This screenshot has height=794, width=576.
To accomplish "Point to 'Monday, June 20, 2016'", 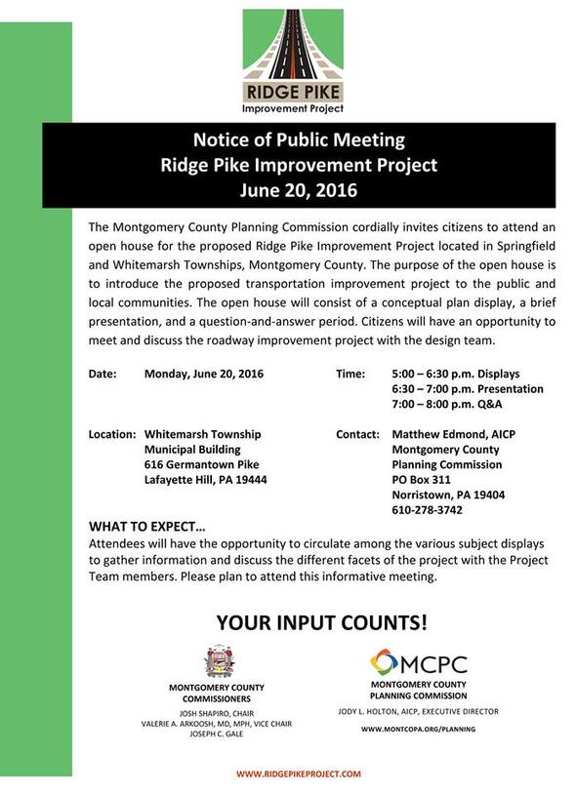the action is click(204, 374).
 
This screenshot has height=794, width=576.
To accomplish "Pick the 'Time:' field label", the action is click(350, 374).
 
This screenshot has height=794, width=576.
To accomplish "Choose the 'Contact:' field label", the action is click(357, 433).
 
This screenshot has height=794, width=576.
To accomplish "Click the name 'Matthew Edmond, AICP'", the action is click(452, 433).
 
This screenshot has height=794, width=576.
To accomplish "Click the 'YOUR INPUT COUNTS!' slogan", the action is click(321, 621).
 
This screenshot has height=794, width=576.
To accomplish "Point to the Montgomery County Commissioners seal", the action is click(221, 662).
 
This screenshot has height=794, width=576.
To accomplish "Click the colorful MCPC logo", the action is click(418, 664).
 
